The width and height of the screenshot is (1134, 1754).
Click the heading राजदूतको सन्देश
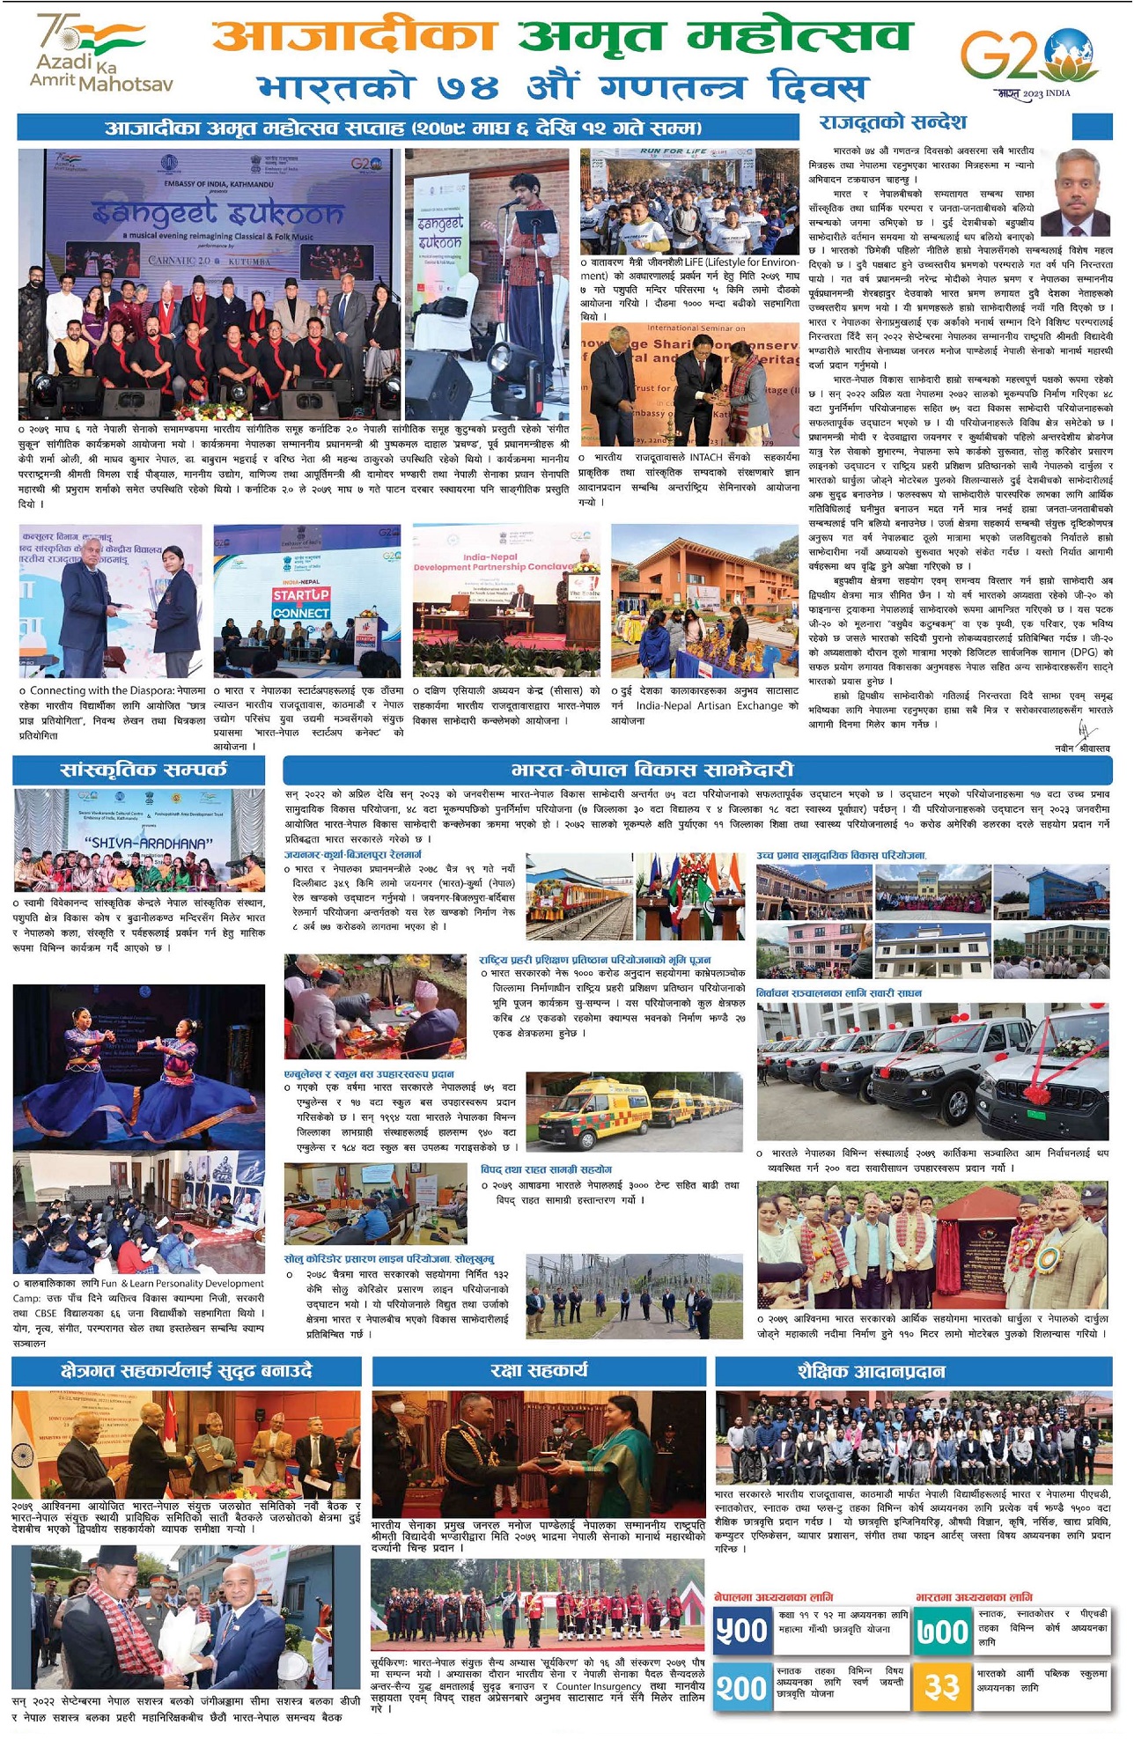893,122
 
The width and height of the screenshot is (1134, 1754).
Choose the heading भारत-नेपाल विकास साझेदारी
652,770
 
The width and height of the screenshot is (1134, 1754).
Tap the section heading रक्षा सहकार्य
539,1371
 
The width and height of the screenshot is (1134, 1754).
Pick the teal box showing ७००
942,1631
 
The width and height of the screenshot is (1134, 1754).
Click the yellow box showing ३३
942,1686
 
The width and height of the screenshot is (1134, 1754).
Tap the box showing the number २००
741,1686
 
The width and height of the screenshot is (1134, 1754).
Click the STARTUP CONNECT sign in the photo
301,603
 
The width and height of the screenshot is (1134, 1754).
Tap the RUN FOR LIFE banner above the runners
674,152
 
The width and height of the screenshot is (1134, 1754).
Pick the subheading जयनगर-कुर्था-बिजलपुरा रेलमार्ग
352,855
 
